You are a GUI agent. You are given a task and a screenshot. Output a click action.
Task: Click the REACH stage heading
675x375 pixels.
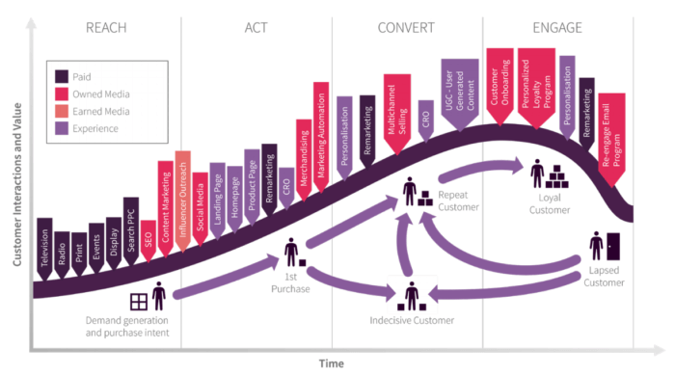point(105,26)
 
